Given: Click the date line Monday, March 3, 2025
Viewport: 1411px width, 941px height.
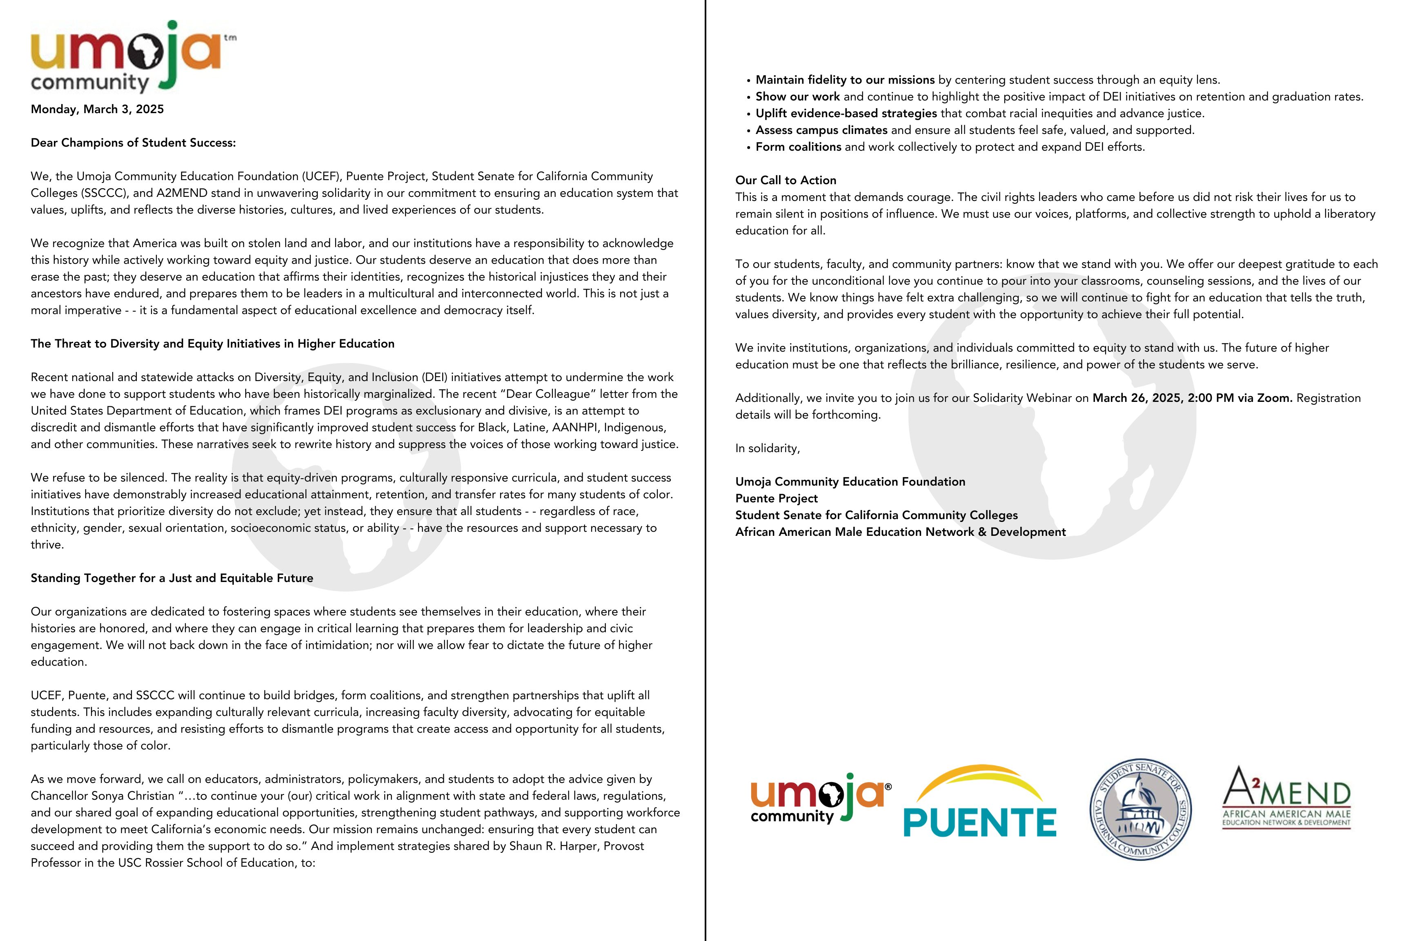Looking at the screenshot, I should pyautogui.click(x=97, y=109).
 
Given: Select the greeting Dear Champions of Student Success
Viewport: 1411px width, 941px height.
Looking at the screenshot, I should pyautogui.click(x=133, y=143).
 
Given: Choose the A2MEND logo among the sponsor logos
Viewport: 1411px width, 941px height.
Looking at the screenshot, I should pyautogui.click(x=1286, y=798).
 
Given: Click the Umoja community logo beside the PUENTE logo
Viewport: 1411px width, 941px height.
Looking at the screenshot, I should pyautogui.click(x=820, y=798).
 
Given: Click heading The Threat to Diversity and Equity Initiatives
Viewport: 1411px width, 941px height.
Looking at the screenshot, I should pyautogui.click(x=212, y=344).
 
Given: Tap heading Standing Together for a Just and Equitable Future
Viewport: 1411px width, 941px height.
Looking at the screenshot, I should pyautogui.click(x=171, y=578).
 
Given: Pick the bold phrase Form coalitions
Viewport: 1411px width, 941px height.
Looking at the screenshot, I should pyautogui.click(x=798, y=147).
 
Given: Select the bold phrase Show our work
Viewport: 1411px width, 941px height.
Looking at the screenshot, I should pyautogui.click(x=797, y=97).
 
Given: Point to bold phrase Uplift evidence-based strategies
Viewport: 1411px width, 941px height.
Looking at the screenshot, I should pyautogui.click(x=846, y=114).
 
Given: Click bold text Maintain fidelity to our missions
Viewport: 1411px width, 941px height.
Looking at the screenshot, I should pyautogui.click(x=845, y=80).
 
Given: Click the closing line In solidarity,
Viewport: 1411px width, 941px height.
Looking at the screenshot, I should pyautogui.click(x=767, y=448).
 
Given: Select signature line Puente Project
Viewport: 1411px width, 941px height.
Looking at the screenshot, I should pyautogui.click(x=776, y=499).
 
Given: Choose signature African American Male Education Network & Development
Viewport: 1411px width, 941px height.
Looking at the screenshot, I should pyautogui.click(x=900, y=532).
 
